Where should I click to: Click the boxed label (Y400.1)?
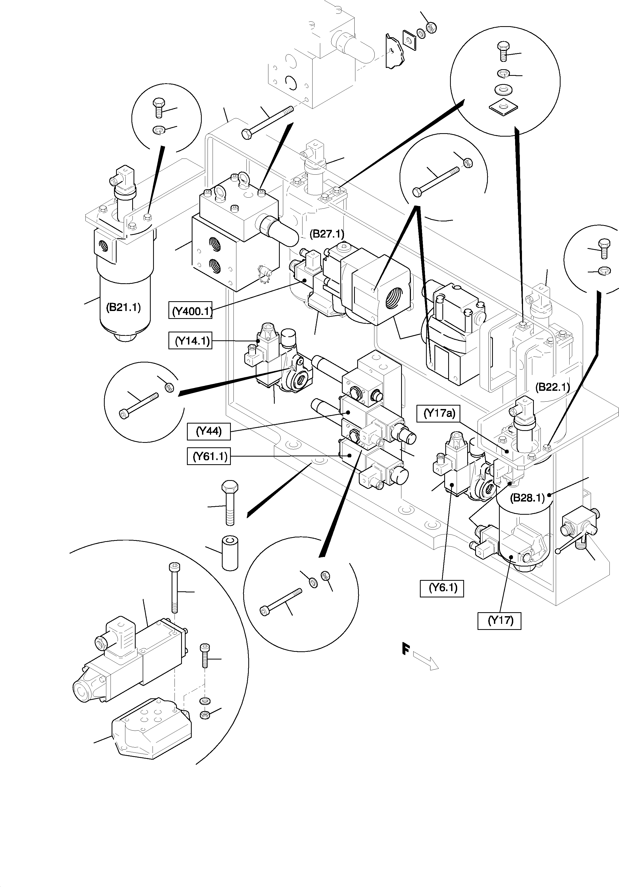click(x=191, y=311)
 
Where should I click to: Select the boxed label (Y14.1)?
click(x=190, y=341)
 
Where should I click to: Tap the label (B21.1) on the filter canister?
click(x=123, y=308)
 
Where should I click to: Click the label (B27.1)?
click(x=327, y=234)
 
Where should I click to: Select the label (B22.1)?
click(x=552, y=387)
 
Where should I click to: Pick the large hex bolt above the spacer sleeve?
click(x=230, y=502)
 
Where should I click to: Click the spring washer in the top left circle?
click(x=158, y=131)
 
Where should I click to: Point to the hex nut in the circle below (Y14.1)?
click(x=169, y=387)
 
